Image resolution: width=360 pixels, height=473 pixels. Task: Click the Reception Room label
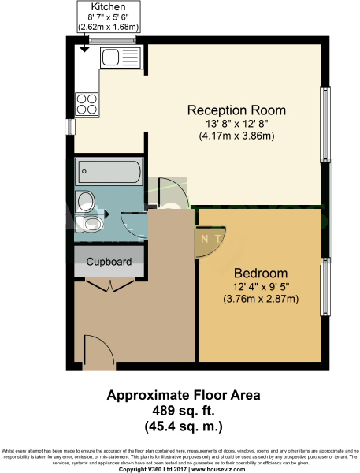(236, 110)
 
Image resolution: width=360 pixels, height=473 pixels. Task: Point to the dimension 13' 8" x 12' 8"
(236, 123)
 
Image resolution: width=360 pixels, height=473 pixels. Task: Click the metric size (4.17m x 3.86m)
(236, 136)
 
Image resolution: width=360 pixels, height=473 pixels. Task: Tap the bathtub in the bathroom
(108, 171)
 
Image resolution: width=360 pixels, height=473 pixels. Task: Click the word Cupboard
(109, 261)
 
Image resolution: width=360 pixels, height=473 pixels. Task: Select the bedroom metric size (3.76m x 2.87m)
(259, 299)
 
